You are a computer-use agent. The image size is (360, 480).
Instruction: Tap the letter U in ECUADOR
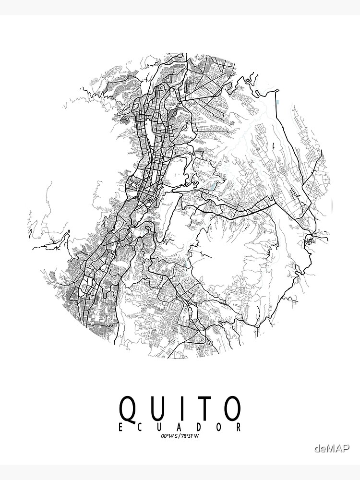pos(160,427)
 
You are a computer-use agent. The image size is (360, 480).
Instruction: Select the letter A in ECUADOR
pos(180,427)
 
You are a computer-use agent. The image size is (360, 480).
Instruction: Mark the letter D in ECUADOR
pos(200,427)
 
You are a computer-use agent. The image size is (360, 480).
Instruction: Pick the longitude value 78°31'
pos(187,436)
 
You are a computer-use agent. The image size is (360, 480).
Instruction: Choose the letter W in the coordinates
pos(196,436)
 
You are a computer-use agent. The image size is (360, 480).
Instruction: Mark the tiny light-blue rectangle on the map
pos(278,102)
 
